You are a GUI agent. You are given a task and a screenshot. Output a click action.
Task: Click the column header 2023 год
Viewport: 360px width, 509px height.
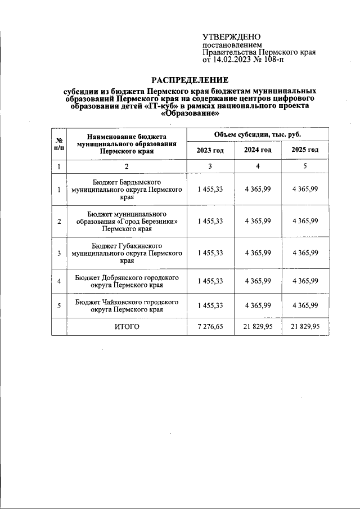coord(210,150)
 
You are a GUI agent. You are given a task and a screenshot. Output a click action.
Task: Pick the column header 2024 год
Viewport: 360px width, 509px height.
coord(258,150)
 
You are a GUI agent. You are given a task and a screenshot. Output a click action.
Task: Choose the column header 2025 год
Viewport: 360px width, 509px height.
coord(305,150)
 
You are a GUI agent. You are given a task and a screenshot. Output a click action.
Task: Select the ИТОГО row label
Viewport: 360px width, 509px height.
coord(127,326)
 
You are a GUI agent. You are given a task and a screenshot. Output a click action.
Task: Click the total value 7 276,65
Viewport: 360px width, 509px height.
coord(210,326)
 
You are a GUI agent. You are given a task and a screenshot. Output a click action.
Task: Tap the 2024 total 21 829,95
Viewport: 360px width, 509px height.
coord(258,326)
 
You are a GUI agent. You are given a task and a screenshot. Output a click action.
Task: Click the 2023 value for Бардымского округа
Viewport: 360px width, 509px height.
coord(210,190)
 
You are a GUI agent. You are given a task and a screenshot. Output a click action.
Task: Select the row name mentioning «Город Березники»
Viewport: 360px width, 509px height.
coord(127,222)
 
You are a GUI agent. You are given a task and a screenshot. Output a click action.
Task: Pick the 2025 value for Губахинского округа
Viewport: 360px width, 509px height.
coord(305,253)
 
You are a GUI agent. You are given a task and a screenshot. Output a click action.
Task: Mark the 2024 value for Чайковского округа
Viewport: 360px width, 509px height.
coord(258,305)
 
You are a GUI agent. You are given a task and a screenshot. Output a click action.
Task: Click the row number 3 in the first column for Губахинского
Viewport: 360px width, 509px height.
coord(59,253)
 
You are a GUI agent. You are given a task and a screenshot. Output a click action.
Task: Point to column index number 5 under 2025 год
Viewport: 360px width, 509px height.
coord(305,166)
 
